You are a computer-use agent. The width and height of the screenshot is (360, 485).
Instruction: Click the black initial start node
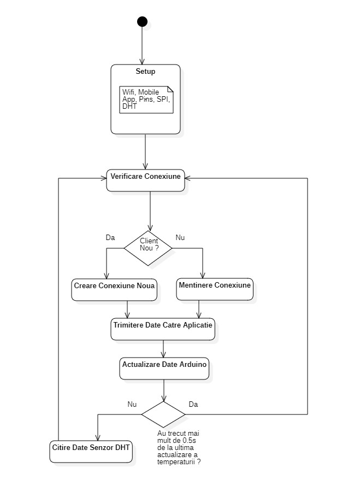(x=142, y=22)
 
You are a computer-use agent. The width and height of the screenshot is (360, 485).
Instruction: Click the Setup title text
(x=145, y=72)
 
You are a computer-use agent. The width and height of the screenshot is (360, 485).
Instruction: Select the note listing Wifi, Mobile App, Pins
(x=146, y=100)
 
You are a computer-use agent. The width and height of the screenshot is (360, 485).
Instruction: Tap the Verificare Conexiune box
(x=145, y=180)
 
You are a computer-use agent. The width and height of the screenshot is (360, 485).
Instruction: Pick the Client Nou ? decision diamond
(x=148, y=248)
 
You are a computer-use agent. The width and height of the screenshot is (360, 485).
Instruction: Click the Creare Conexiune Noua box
(x=114, y=290)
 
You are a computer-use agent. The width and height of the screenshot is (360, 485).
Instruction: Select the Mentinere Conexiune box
(x=215, y=289)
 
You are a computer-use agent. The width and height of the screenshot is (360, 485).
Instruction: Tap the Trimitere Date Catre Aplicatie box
(x=163, y=329)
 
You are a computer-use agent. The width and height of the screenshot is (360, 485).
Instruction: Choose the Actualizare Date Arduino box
(x=164, y=369)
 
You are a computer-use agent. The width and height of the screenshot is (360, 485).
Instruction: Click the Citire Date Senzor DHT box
(x=91, y=452)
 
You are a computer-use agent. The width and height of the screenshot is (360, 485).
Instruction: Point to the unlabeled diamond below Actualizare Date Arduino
(x=163, y=414)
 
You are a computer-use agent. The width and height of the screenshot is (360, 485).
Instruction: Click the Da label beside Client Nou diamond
(x=110, y=237)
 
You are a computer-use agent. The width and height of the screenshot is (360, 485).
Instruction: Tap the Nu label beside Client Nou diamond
(x=180, y=237)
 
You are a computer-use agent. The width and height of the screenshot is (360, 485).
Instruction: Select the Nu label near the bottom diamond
(x=132, y=404)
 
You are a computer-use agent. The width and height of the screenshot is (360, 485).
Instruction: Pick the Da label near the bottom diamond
(x=193, y=404)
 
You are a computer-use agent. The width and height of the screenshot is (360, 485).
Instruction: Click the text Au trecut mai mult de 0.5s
(x=178, y=437)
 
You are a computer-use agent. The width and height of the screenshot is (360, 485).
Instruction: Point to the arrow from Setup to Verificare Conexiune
(x=145, y=151)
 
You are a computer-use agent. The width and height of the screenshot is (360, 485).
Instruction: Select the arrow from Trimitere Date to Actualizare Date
(x=163, y=349)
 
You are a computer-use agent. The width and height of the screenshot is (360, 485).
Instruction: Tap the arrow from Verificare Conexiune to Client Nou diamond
(x=150, y=211)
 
